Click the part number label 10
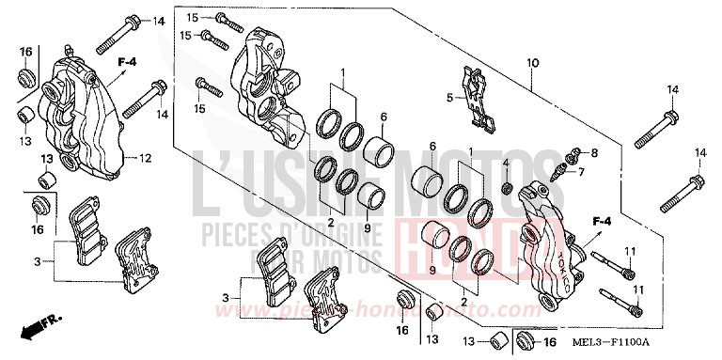533,62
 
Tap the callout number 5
449,97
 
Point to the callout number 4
505,164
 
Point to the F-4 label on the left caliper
127,62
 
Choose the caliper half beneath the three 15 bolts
268,85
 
